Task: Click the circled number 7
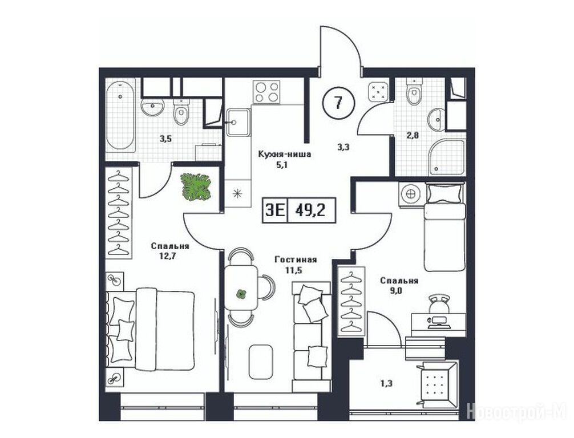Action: click(x=338, y=102)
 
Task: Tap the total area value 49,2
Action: click(x=310, y=210)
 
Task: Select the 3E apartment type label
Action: click(x=275, y=210)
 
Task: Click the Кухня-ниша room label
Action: click(x=285, y=154)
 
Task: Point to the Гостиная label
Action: click(x=296, y=260)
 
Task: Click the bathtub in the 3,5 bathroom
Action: click(x=120, y=116)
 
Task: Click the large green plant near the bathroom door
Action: click(x=196, y=186)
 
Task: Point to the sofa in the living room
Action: click(x=312, y=336)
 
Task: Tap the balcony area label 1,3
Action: click(x=385, y=383)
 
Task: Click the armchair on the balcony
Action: click(x=437, y=384)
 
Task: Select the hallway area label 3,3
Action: click(x=343, y=147)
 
